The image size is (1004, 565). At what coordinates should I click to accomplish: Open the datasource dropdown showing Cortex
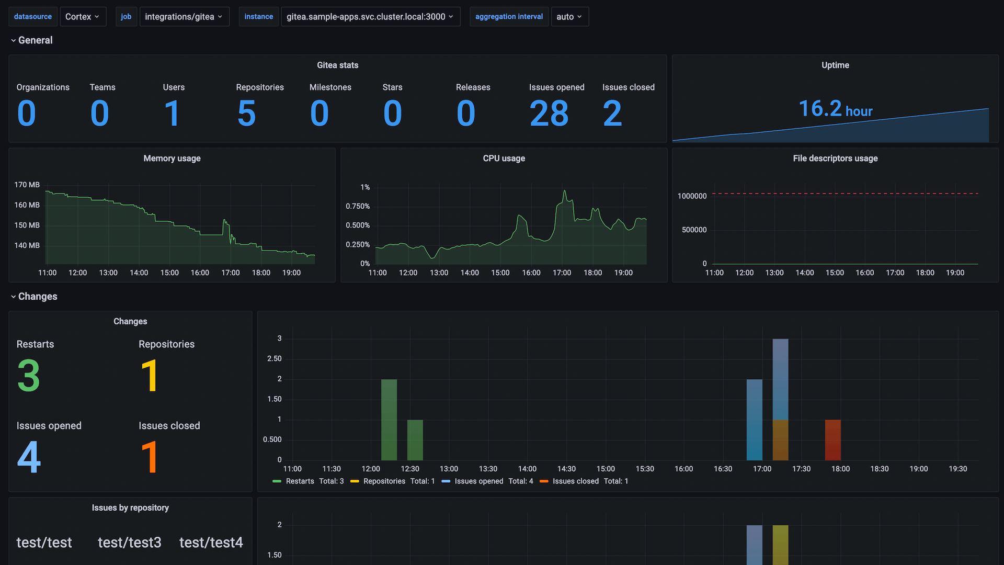click(83, 17)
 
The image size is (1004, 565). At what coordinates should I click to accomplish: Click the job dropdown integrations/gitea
click(184, 17)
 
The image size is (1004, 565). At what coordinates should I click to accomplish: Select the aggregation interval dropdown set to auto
click(569, 17)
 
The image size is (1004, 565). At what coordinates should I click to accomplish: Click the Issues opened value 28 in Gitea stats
click(549, 114)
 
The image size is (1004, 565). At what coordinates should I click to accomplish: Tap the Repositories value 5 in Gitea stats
click(246, 114)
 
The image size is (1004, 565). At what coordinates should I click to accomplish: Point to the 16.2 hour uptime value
click(835, 109)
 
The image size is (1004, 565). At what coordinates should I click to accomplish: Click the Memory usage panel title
click(172, 159)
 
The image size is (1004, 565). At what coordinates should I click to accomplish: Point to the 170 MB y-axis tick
click(27, 185)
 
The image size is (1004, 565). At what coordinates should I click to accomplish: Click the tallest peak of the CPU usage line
click(565, 191)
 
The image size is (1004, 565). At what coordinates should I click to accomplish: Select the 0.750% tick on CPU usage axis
click(358, 206)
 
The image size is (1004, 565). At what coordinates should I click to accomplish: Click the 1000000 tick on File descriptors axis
click(692, 196)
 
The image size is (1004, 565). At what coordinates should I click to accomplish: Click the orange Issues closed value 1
click(150, 457)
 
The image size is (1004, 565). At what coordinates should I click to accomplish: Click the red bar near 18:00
click(832, 439)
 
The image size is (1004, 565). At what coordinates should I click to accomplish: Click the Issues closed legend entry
click(575, 481)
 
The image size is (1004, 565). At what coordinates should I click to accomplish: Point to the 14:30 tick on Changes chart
click(566, 469)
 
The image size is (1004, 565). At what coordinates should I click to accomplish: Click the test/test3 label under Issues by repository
click(130, 543)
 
